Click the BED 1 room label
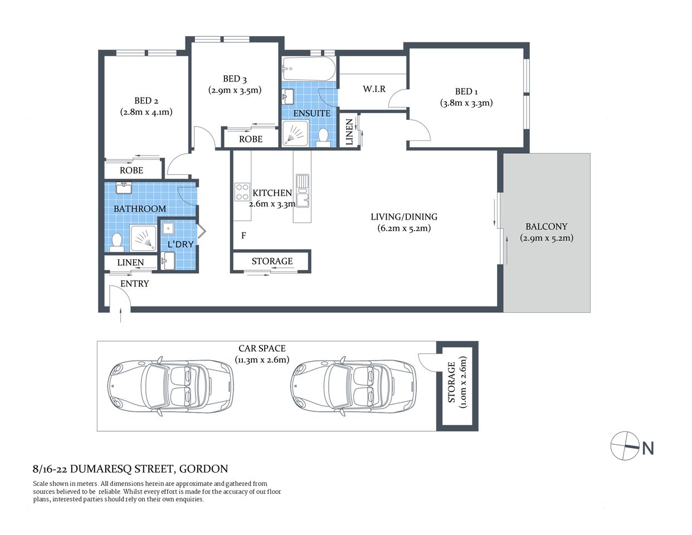tap(466, 91)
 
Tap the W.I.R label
tap(374, 89)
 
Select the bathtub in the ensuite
tap(309, 69)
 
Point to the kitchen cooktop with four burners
tap(242, 192)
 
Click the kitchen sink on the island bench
tap(302, 182)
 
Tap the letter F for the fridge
tap(243, 236)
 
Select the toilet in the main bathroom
tap(117, 241)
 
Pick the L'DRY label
tap(181, 244)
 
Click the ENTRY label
tap(135, 284)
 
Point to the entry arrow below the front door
tap(121, 316)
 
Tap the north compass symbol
tap(625, 446)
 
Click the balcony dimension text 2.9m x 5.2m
tap(547, 238)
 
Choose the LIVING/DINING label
tap(404, 217)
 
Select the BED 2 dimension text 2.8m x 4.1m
tap(146, 112)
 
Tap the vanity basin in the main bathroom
tap(124, 187)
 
